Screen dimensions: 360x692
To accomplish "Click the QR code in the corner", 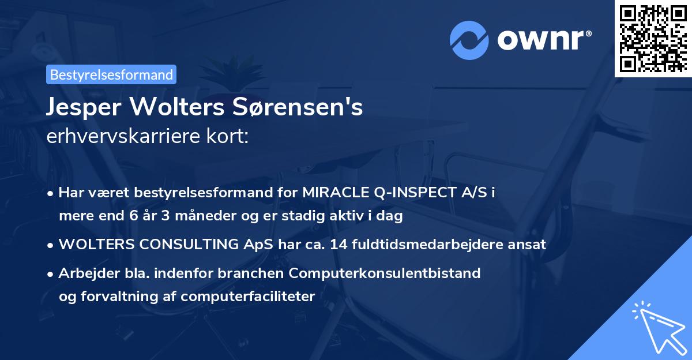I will [653, 39].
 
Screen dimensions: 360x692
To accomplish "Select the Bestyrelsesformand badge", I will [111, 74].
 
